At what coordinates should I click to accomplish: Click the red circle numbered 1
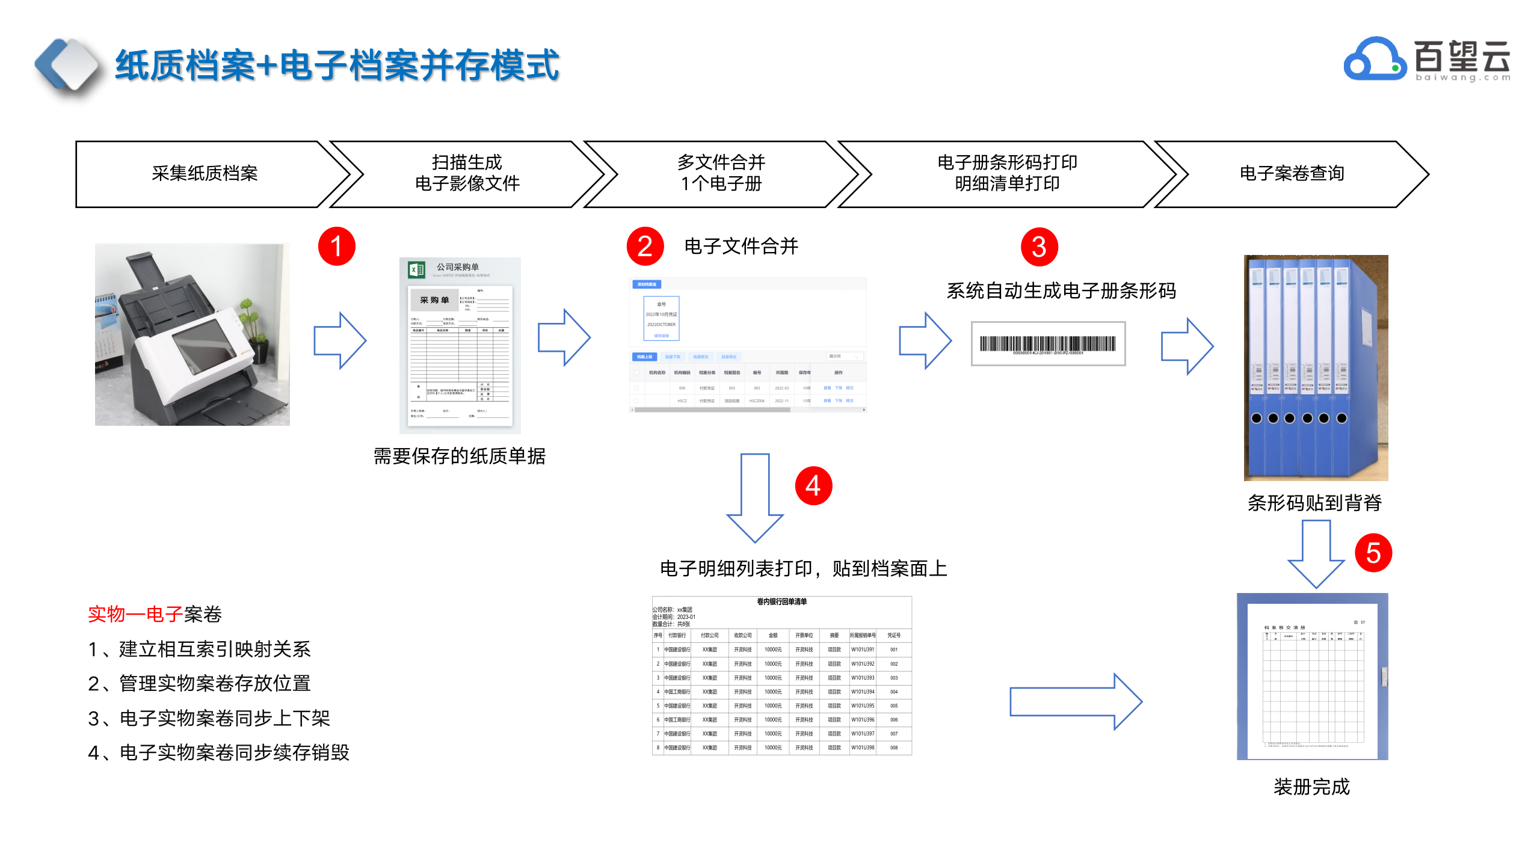[337, 247]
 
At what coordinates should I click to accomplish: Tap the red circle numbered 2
[645, 247]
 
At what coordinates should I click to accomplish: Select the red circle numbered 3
[1039, 247]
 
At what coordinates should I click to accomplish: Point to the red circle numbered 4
[813, 486]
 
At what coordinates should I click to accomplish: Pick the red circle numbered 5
[1373, 553]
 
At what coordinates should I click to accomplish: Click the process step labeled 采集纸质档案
[205, 174]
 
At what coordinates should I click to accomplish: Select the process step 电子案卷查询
[1292, 174]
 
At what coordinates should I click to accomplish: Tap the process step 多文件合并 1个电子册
[721, 173]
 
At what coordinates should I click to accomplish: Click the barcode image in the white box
[1047, 344]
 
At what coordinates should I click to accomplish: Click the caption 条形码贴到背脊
[1314, 503]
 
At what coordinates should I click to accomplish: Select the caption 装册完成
[1312, 787]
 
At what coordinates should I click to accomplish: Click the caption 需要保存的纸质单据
[460, 456]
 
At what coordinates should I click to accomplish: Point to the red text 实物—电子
[135, 614]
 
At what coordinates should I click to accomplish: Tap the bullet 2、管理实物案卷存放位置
[199, 684]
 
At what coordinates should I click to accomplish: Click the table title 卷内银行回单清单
[781, 601]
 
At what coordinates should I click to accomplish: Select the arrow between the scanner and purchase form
[340, 340]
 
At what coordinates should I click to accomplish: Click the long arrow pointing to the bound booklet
[1075, 702]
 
